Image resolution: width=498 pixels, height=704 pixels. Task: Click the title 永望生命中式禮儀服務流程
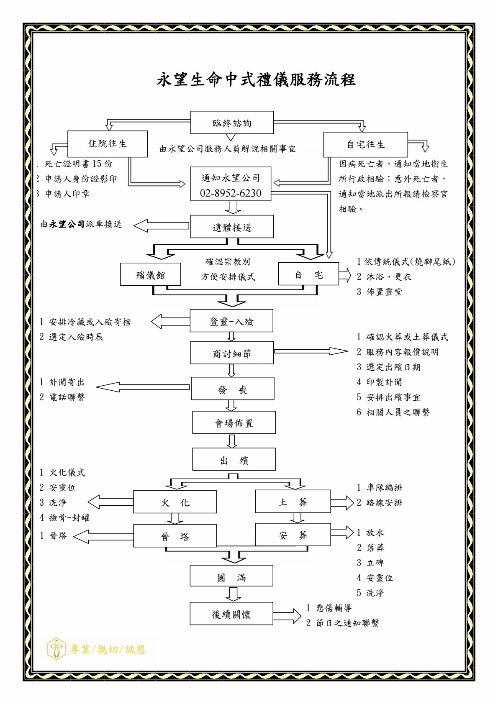point(256,79)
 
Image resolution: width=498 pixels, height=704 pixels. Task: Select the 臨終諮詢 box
point(232,123)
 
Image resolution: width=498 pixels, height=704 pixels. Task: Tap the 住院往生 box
point(107,144)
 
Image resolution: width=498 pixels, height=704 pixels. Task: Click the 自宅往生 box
point(365,145)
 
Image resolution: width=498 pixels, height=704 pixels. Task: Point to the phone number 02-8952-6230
point(231,193)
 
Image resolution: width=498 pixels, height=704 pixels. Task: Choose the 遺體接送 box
point(232,227)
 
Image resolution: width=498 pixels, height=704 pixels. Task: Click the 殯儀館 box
point(150,274)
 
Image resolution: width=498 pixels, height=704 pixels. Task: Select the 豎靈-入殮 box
point(231,321)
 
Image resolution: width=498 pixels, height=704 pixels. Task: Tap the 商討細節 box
point(232,353)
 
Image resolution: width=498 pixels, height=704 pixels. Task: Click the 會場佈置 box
point(234,422)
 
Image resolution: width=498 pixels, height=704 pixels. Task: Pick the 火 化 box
point(175,502)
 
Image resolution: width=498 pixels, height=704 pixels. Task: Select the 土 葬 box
point(293,502)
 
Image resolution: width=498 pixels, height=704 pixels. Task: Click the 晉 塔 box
point(175,536)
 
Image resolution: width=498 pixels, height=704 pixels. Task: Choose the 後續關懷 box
point(231,614)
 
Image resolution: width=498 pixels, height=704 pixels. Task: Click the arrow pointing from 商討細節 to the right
point(311,351)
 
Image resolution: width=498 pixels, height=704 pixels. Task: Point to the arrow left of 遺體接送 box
point(161,225)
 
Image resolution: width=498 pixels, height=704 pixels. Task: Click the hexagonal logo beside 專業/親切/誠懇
point(56,649)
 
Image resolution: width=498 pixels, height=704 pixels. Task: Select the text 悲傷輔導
point(334,608)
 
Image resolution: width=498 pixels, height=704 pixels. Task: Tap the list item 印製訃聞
point(384,382)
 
